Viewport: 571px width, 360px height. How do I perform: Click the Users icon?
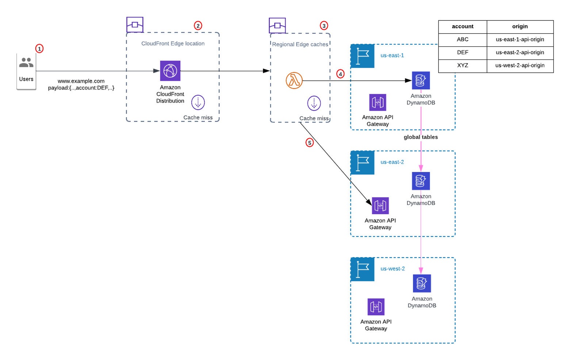pyautogui.click(x=26, y=63)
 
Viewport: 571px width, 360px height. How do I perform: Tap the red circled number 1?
pyautogui.click(x=39, y=49)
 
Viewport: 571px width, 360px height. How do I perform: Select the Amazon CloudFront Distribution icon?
pyautogui.click(x=170, y=71)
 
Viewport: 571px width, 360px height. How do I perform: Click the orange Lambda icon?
pyautogui.click(x=294, y=81)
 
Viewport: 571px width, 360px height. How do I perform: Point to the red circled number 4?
pyautogui.click(x=340, y=74)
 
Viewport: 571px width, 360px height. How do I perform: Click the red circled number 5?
pyautogui.click(x=310, y=143)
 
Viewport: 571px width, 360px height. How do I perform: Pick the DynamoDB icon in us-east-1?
pyautogui.click(x=421, y=80)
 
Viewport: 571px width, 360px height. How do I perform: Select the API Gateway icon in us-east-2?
pyautogui.click(x=380, y=206)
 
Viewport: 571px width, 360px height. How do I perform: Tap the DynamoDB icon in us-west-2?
pyautogui.click(x=422, y=283)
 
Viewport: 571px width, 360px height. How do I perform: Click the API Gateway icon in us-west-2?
pyautogui.click(x=376, y=307)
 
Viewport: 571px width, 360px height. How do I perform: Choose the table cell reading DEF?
pyautogui.click(x=462, y=53)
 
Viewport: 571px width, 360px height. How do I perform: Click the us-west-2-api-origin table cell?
pyautogui.click(x=520, y=66)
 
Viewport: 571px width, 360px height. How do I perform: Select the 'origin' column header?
pyautogui.click(x=520, y=27)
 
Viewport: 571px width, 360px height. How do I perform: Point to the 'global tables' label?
pyautogui.click(x=421, y=137)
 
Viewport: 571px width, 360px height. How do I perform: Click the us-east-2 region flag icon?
pyautogui.click(x=363, y=162)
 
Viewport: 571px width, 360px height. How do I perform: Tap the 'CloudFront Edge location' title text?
pyautogui.click(x=173, y=43)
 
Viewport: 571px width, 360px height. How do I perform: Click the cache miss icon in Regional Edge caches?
pyautogui.click(x=314, y=103)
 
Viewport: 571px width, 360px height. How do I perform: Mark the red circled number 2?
pyautogui.click(x=198, y=26)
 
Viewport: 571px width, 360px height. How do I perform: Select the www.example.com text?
pyautogui.click(x=81, y=81)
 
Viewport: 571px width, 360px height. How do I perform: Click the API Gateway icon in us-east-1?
pyautogui.click(x=378, y=103)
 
